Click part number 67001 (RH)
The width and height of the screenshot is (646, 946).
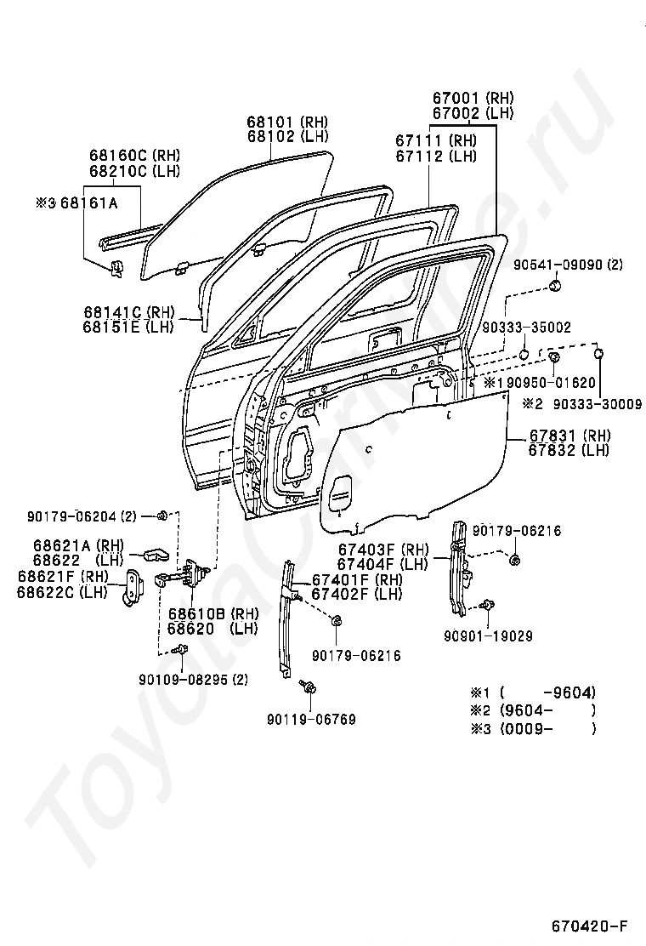tap(473, 98)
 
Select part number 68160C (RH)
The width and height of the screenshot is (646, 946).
tap(134, 155)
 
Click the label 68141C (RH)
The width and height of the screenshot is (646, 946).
tap(129, 312)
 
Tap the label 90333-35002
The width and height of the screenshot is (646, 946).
tap(527, 327)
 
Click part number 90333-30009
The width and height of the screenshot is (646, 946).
tap(598, 404)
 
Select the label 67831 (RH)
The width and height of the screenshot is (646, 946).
tap(569, 435)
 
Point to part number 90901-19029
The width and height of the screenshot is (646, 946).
tap(488, 635)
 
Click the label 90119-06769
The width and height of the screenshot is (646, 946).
tap(312, 719)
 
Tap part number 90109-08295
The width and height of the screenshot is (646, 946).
tap(183, 680)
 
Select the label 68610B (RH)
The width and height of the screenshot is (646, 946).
tap(213, 613)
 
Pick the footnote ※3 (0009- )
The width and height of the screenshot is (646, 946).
tap(533, 728)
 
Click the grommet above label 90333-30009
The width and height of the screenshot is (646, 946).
tap(599, 354)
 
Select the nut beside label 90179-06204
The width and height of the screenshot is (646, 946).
tap(162, 516)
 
